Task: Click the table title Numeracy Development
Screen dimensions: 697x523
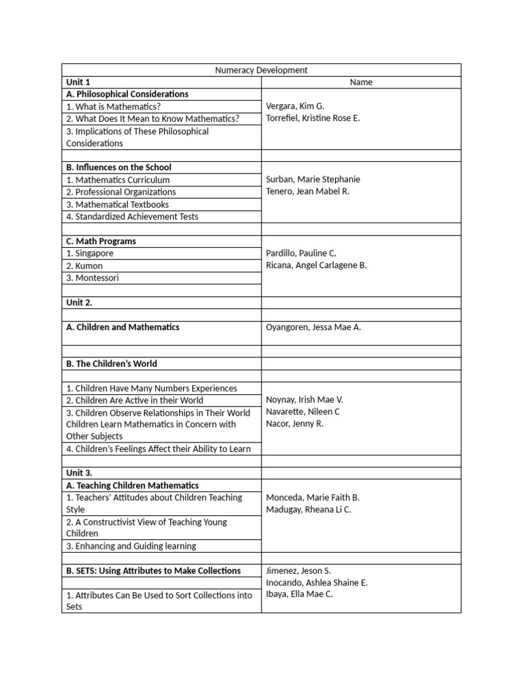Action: pos(261,70)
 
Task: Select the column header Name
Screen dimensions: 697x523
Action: pos(361,82)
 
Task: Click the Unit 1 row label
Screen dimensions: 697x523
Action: pos(78,82)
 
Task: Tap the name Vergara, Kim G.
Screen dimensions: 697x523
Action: pos(295,106)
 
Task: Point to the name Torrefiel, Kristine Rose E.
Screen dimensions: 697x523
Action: pos(313,118)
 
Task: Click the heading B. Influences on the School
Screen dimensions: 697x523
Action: pos(118,167)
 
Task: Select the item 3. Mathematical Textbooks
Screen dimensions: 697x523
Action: pos(117,204)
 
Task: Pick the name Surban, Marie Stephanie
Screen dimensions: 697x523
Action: pos(313,180)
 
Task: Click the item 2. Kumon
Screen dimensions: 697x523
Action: pos(84,266)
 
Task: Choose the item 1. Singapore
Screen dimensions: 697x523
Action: pos(90,253)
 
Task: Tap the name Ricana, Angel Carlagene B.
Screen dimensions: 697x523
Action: pos(316,265)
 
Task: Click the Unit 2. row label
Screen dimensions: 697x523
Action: pos(80,302)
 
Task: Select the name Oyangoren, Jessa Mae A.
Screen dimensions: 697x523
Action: pos(313,327)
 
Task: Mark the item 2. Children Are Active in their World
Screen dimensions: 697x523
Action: pos(134,401)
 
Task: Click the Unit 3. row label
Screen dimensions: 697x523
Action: pos(80,473)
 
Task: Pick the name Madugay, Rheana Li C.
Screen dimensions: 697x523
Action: pos(308,510)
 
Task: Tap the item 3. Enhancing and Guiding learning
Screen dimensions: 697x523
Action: pos(131,546)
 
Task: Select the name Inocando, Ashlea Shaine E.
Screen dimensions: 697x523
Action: pos(317,583)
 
